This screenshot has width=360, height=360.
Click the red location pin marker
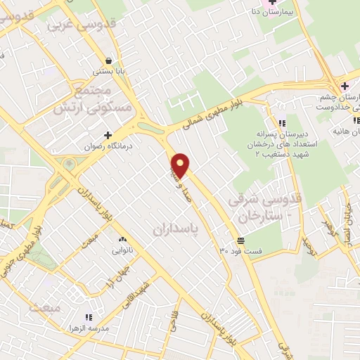coord(181,166)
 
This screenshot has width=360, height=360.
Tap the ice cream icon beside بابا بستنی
coord(108,60)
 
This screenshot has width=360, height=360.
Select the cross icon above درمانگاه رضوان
coord(108,135)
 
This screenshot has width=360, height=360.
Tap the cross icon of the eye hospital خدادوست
coord(343,86)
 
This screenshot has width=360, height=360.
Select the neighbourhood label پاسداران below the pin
coord(174,229)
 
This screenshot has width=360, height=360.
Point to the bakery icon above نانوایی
coord(122,239)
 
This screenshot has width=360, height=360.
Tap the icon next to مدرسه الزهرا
coord(88,318)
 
